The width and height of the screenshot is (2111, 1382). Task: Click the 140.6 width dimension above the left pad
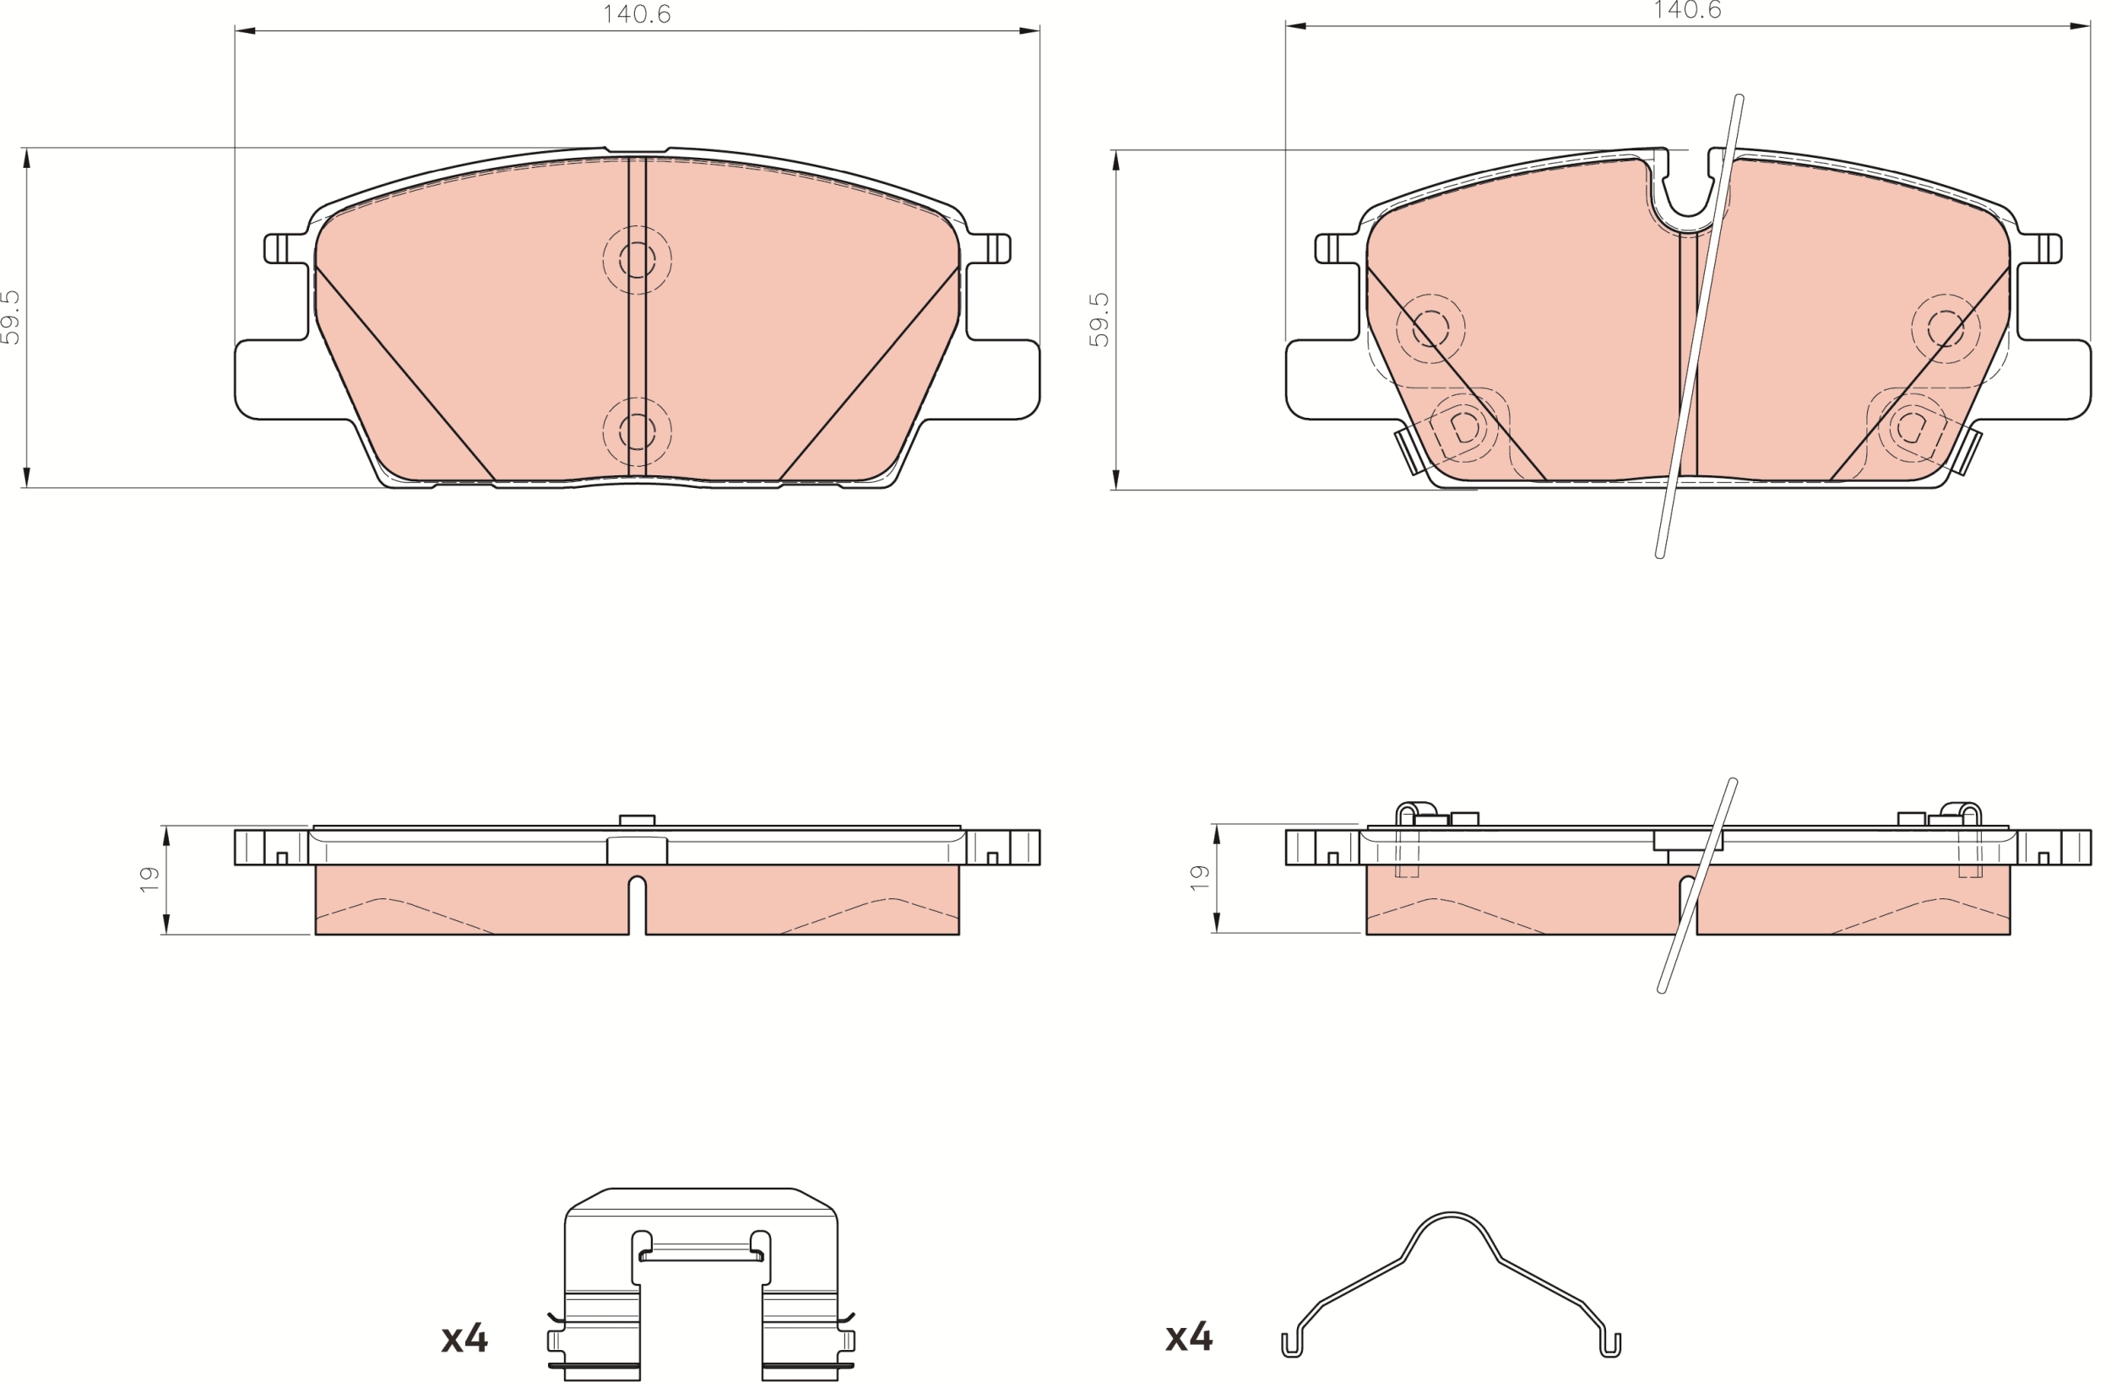[637, 14]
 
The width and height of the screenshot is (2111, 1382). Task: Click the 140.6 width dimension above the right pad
[1687, 10]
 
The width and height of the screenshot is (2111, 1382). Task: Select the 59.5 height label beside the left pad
[11, 317]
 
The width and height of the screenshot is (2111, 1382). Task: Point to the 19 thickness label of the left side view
[149, 878]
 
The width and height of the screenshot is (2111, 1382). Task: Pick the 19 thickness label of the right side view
[1199, 877]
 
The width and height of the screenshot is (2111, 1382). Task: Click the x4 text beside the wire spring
[1190, 1336]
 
